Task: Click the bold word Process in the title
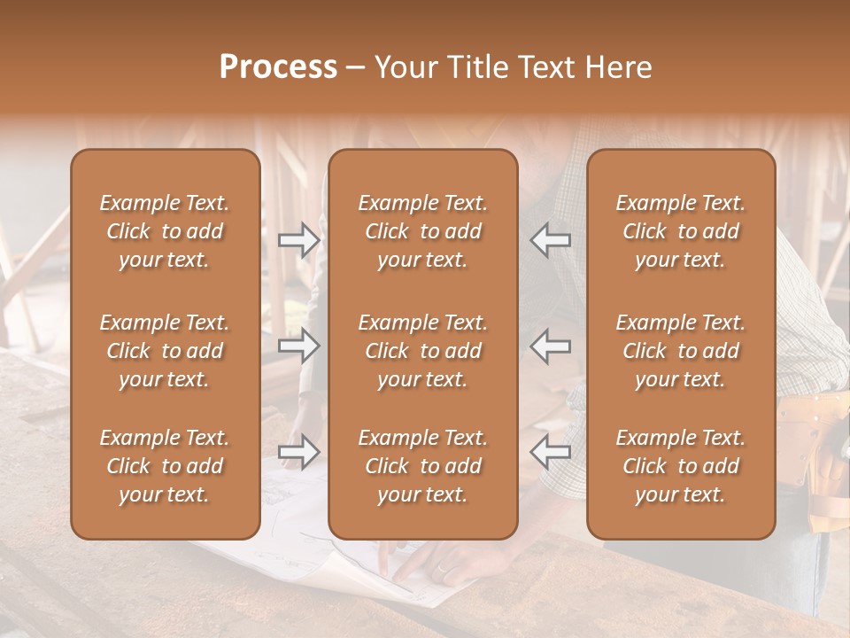(x=278, y=67)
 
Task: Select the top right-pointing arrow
(x=299, y=240)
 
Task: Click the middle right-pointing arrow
(x=299, y=346)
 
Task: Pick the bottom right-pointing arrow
(x=299, y=452)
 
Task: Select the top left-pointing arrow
(x=550, y=240)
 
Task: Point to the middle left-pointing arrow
(x=550, y=346)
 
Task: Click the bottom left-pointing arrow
(x=550, y=452)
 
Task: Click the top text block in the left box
(x=165, y=231)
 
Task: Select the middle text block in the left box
(x=165, y=351)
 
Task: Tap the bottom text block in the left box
(x=165, y=466)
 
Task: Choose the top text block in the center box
(x=423, y=231)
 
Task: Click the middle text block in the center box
(x=423, y=351)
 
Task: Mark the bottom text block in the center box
(x=423, y=466)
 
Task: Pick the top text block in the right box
(x=681, y=231)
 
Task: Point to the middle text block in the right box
(x=681, y=351)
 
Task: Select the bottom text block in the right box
(x=681, y=466)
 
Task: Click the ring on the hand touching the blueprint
(x=441, y=571)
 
